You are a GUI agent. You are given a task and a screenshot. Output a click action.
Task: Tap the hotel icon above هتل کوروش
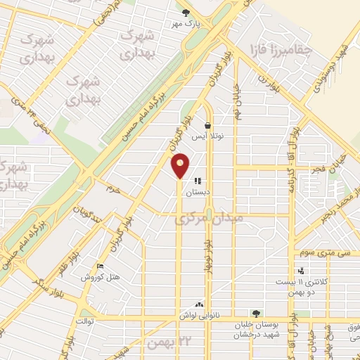pyautogui.click(x=99, y=266)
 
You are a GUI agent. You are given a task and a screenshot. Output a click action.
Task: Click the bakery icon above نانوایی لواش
pyautogui.click(x=199, y=304)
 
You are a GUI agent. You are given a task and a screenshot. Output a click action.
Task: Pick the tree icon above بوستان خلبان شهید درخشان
pyautogui.click(x=256, y=313)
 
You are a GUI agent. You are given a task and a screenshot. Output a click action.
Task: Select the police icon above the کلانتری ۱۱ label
pyautogui.click(x=301, y=271)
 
